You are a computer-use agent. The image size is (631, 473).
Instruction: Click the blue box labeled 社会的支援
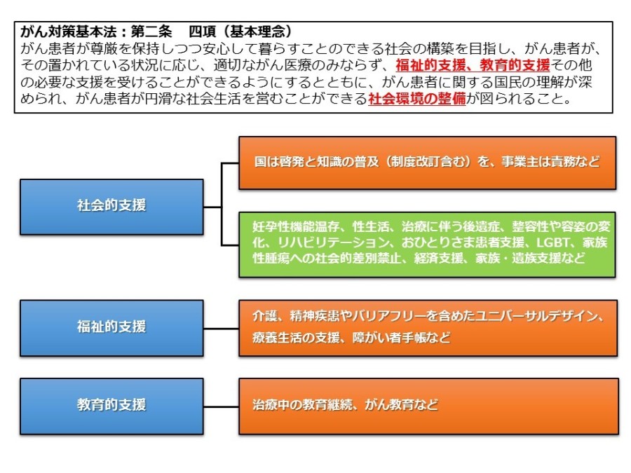111,207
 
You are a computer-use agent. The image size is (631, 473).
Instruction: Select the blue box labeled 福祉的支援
111,328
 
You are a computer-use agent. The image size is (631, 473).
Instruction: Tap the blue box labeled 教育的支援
111,406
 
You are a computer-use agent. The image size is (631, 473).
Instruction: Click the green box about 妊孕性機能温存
427,245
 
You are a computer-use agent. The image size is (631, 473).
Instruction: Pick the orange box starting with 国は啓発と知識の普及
427,163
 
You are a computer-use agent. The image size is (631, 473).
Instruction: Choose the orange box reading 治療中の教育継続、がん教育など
428,406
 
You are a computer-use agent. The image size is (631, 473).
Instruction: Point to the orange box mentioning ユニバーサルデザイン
428,328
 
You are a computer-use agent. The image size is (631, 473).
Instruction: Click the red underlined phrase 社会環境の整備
417,99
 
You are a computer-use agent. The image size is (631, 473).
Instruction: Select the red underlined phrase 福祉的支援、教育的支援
473,65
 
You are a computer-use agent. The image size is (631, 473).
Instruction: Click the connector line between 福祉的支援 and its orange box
221,329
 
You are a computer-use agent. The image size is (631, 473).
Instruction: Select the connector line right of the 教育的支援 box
221,406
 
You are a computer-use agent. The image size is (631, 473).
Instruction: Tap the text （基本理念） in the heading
258,32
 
